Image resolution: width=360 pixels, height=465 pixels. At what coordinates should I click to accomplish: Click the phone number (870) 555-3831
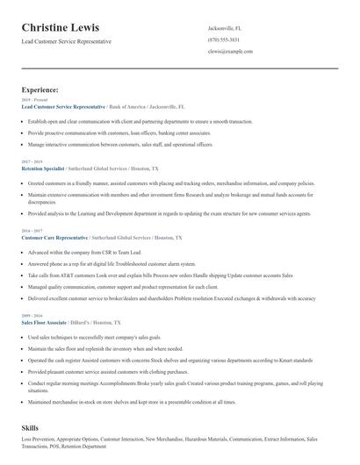pyautogui.click(x=223, y=39)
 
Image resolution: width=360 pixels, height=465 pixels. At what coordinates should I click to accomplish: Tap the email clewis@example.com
pyautogui.click(x=230, y=52)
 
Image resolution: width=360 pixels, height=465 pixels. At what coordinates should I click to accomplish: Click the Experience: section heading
pyautogui.click(x=40, y=89)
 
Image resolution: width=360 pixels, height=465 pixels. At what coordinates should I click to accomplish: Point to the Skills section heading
pyautogui.click(x=31, y=426)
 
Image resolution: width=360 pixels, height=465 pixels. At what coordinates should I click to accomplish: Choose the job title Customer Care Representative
pyautogui.click(x=54, y=237)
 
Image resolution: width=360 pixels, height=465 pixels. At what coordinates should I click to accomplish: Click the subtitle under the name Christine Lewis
pyautogui.click(x=67, y=42)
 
